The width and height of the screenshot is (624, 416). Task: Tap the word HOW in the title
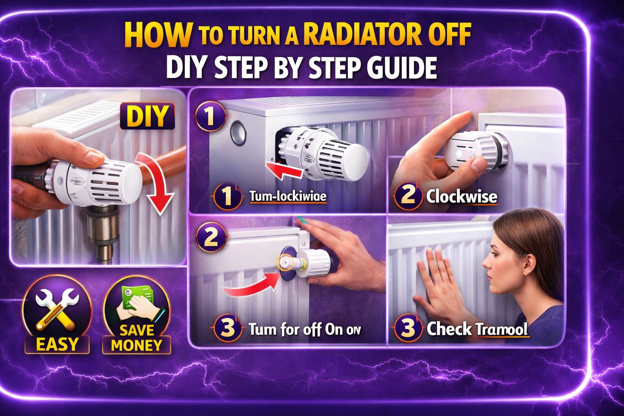(x=158, y=35)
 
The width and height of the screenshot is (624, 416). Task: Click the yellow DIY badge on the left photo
(x=147, y=116)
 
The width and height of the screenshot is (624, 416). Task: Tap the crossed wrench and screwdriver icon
(x=57, y=309)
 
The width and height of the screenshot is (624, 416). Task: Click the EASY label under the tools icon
(x=57, y=344)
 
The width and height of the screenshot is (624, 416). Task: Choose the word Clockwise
(x=461, y=197)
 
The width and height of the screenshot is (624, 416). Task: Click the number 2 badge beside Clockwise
(x=407, y=196)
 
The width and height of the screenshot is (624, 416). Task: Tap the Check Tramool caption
(x=477, y=329)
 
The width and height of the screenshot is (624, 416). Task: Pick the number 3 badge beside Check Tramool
(x=407, y=328)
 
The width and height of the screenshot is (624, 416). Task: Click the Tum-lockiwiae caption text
(x=288, y=197)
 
